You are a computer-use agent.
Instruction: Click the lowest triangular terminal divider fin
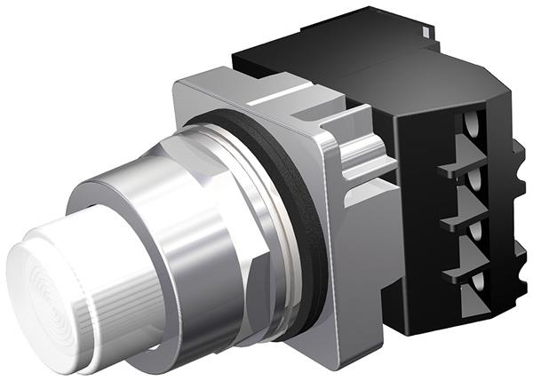click(465, 263)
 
